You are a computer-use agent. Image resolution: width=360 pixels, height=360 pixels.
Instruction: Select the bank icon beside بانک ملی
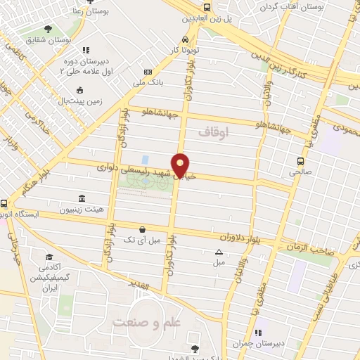pos(147,72)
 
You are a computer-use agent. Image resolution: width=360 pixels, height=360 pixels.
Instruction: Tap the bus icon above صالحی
pos(300,160)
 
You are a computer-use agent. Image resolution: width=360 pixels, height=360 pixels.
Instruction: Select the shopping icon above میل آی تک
pos(143,229)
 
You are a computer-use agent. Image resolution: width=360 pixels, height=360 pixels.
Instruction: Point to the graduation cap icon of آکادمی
pos(49,257)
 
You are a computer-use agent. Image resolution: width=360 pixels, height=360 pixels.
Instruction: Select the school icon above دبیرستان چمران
pos(257,333)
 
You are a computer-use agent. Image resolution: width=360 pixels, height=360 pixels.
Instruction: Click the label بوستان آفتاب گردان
pos(319,6)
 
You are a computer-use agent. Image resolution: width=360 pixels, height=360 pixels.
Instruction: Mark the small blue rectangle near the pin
pos(145,160)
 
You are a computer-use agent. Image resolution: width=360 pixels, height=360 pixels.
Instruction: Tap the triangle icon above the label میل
pos(219,252)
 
